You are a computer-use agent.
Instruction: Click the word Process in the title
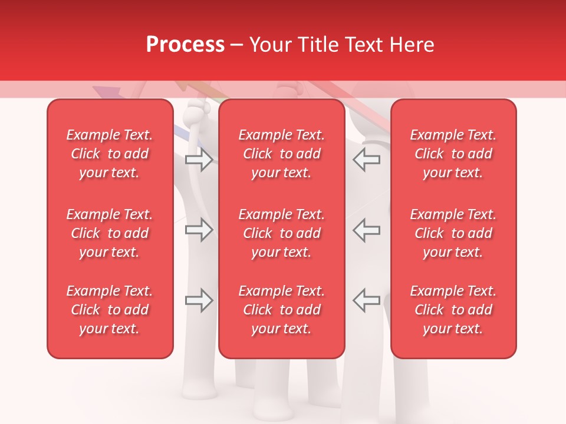coord(185,45)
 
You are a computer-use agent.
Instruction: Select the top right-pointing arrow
coord(199,160)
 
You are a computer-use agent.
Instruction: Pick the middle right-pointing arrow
coord(199,230)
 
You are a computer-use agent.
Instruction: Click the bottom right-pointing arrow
coord(199,300)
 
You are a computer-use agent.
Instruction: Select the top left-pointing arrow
coord(367,160)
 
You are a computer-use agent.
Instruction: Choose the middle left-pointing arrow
coord(367,230)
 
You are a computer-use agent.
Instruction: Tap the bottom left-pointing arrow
coord(367,300)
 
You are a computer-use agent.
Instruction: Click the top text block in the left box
coord(110,154)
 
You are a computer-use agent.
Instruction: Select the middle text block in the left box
coord(110,233)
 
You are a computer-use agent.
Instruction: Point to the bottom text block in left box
coord(110,310)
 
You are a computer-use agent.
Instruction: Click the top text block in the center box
coord(282,154)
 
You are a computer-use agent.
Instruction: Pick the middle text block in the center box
coord(282,233)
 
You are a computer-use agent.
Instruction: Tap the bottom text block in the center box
coord(282,310)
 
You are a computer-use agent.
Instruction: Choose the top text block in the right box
coord(453,154)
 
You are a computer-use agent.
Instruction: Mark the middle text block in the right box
coord(453,233)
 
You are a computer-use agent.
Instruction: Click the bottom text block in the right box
coord(453,310)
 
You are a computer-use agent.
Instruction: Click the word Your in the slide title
coord(270,45)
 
